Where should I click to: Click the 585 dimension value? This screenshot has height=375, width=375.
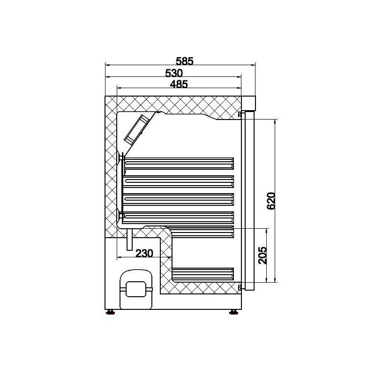pos(184,61)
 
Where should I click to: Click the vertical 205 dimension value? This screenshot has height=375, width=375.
pos(263,255)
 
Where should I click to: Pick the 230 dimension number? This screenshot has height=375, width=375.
pos(144,254)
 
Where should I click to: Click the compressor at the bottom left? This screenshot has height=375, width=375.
pos(136,289)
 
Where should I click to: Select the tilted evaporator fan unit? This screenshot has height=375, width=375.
pos(138,128)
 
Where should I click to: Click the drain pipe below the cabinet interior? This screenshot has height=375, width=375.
pos(129,240)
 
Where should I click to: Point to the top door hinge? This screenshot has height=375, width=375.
pos(240,114)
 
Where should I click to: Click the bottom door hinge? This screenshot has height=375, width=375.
pos(240,287)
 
